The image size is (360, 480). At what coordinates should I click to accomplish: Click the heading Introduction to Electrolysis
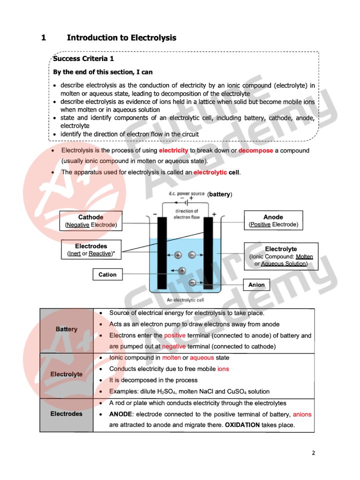point(121,37)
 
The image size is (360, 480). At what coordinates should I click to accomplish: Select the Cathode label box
point(90,221)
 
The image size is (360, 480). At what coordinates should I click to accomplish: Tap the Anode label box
point(273,221)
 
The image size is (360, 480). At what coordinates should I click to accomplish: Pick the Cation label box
point(107,274)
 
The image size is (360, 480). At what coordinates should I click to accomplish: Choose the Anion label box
point(256,284)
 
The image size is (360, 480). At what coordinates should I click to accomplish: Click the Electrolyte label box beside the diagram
point(280,256)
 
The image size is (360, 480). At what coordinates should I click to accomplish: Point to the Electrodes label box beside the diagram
point(90,250)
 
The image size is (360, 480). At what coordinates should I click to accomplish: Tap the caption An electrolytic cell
point(184,300)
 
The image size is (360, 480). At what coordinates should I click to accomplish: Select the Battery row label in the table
point(66,329)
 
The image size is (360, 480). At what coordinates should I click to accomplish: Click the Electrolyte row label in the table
point(66,374)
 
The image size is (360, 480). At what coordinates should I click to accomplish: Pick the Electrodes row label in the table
point(66,414)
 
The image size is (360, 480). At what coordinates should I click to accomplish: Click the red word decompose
point(255,150)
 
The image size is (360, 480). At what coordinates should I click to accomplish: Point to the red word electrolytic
point(210,172)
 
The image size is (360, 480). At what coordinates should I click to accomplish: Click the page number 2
point(313,453)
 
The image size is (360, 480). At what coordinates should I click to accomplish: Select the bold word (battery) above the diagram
point(220,194)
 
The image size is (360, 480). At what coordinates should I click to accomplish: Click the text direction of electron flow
point(186,214)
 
